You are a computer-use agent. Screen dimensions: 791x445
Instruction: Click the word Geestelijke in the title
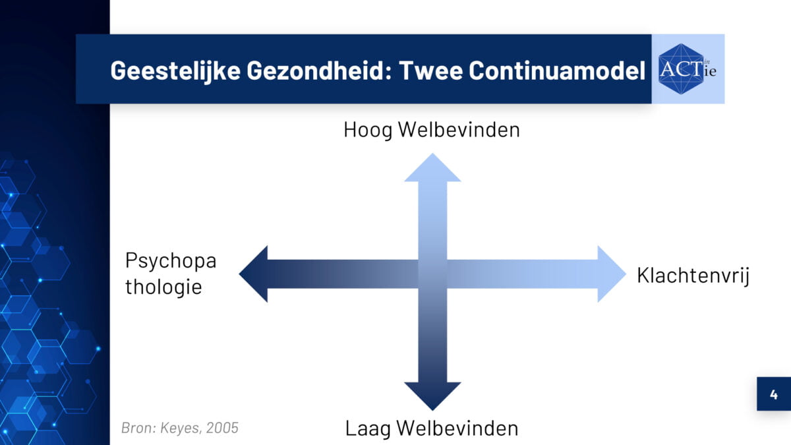pos(175,71)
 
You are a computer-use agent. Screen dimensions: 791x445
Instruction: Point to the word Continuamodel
pos(557,71)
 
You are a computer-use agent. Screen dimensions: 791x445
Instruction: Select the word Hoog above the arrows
pos(368,131)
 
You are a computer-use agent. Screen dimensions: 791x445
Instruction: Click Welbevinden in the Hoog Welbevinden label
pos(459,130)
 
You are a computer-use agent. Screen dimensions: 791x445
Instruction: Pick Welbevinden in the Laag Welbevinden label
pos(457,429)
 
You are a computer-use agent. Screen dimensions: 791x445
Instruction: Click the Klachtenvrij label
pos(693,276)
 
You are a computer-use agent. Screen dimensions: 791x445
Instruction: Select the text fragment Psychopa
pos(171,261)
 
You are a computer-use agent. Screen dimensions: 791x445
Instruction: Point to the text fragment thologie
pos(163,287)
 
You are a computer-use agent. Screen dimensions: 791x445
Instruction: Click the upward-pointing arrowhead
pos(432,167)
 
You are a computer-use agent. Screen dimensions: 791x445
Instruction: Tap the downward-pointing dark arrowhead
pos(432,396)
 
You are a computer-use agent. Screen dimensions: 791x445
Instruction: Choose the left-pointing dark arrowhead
pos(253,274)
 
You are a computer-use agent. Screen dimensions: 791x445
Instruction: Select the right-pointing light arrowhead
pos(612,274)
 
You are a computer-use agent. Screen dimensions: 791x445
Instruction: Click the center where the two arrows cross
pos(432,274)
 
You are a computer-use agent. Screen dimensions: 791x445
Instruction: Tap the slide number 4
pos(774,394)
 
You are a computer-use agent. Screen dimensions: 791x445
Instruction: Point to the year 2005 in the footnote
pos(222,428)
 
